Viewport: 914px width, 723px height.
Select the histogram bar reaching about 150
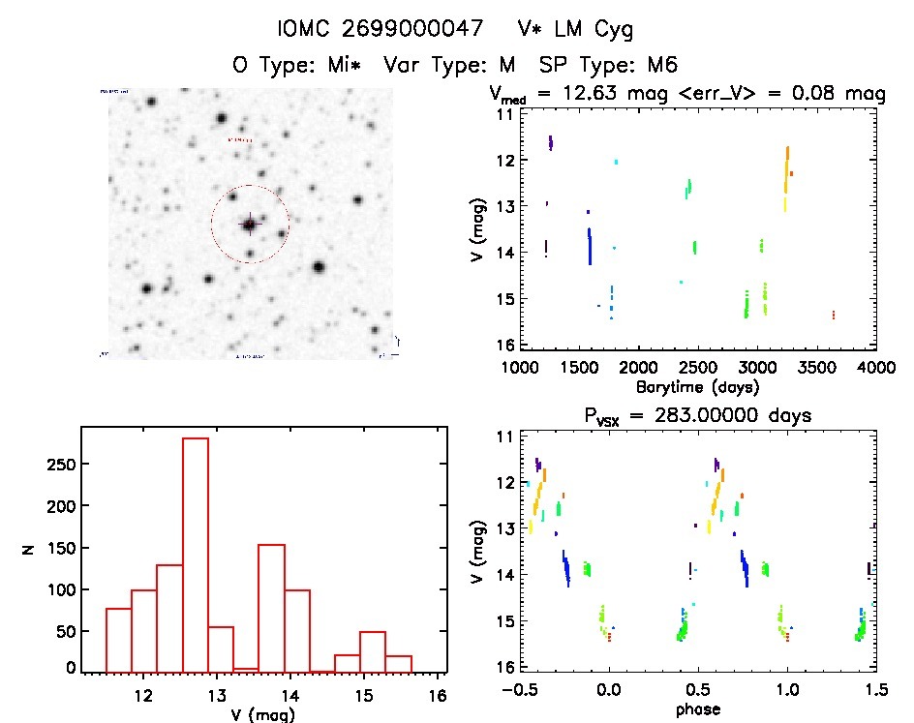pos(271,608)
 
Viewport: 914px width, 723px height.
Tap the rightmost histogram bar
pos(398,663)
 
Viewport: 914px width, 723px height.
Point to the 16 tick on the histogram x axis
pos(437,695)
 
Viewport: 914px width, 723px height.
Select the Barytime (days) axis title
pos(698,386)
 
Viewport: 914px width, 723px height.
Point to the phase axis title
pos(698,709)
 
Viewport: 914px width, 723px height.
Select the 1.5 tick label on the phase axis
pos(875,690)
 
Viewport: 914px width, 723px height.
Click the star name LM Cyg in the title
pos(590,30)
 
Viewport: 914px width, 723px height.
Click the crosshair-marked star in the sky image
pos(250,225)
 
